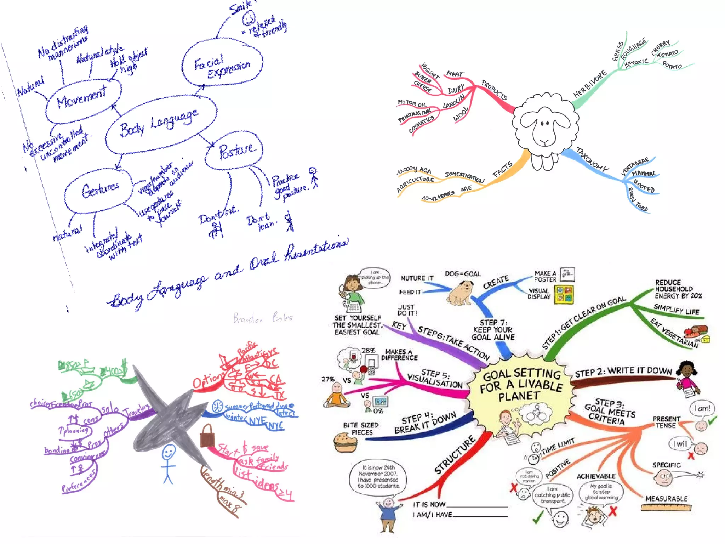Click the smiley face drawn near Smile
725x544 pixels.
pyautogui.click(x=249, y=18)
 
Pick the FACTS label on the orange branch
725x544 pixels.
pyautogui.click(x=502, y=169)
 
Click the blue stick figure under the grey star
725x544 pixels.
pyautogui.click(x=168, y=463)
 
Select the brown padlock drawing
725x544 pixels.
pyautogui.click(x=207, y=436)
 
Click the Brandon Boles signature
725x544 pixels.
pyautogui.click(x=263, y=318)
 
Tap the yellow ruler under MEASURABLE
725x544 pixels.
pyautogui.click(x=666, y=508)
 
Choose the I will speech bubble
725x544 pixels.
pyautogui.click(x=680, y=444)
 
